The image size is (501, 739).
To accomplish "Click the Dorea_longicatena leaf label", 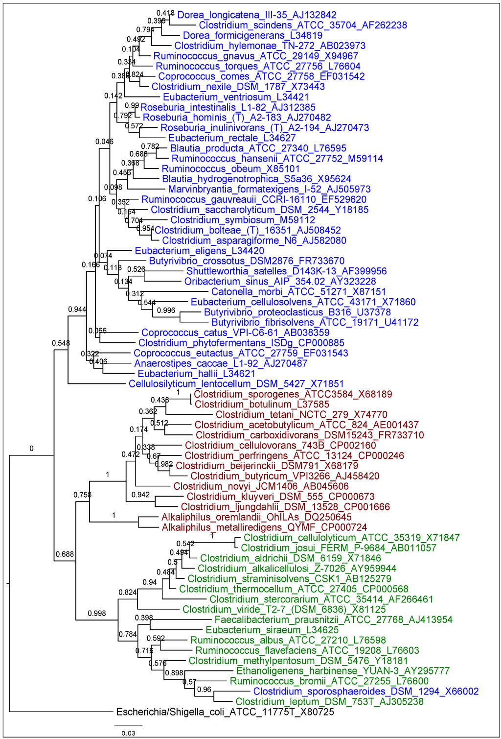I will click(256, 15).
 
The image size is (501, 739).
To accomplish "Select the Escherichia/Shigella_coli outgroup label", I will click(225, 712).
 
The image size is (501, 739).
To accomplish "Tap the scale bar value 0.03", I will click(128, 733).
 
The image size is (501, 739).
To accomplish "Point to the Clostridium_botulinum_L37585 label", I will click(262, 405).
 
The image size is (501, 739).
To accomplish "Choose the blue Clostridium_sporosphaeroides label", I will click(365, 691).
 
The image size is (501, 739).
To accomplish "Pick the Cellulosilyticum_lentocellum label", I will click(236, 384).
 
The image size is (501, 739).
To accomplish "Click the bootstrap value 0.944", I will click(77, 310).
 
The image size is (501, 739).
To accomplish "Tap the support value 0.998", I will click(97, 613).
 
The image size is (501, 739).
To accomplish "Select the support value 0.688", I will click(65, 554).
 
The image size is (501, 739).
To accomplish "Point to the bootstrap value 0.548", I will click(61, 343).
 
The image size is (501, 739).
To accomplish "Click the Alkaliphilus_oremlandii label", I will click(256, 517).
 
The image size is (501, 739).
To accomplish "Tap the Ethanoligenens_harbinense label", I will click(342, 671).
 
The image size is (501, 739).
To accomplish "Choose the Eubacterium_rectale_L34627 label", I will click(232, 138).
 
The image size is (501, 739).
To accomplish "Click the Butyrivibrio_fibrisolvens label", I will click(315, 323).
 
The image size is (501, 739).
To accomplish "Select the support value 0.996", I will click(166, 310).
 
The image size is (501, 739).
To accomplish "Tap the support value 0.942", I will click(140, 495).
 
